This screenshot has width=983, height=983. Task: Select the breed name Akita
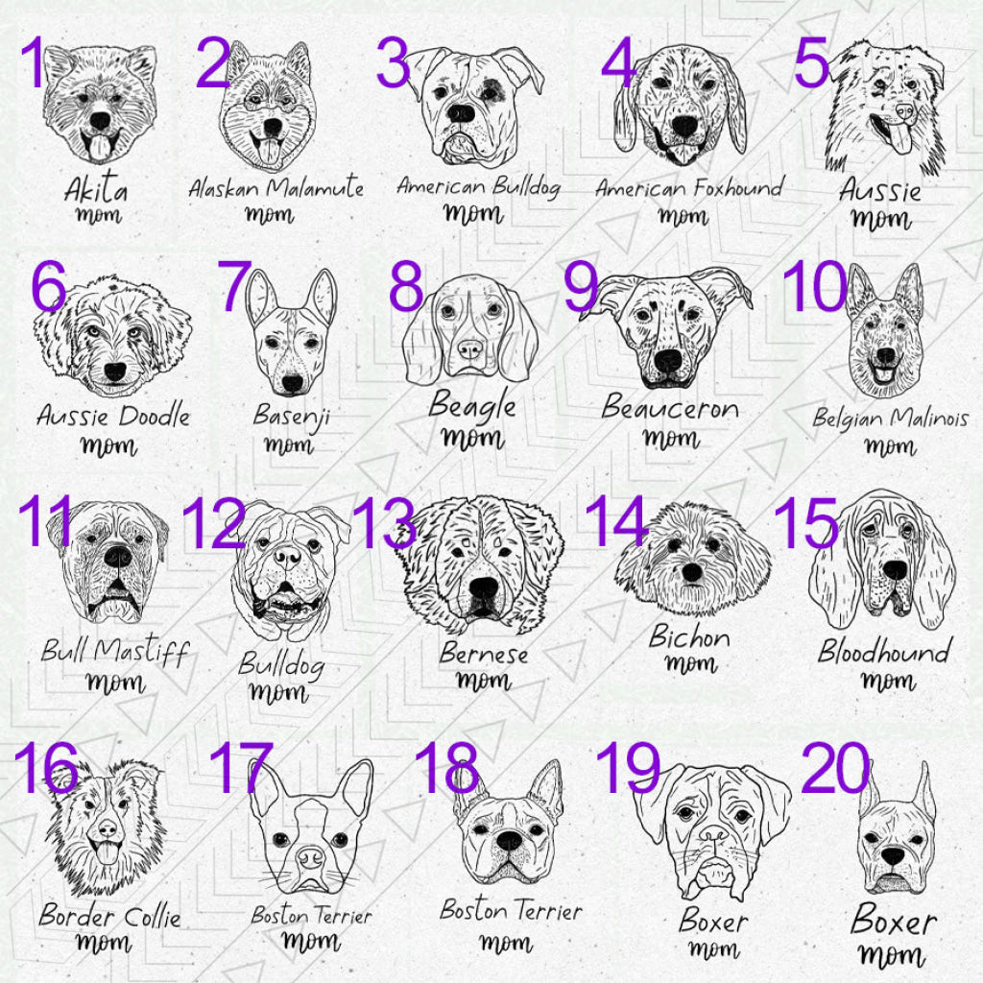(96, 188)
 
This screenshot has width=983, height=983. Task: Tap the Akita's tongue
(99, 146)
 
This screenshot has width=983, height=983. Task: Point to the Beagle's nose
(469, 346)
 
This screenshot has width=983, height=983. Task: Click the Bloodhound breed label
(883, 651)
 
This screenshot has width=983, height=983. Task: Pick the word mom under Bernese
(483, 682)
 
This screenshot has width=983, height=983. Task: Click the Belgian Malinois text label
(890, 419)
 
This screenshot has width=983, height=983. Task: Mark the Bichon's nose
(691, 573)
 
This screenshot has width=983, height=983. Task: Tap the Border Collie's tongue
(107, 852)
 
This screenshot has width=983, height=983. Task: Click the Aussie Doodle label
(113, 417)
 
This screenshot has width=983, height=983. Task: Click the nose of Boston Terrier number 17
(310, 852)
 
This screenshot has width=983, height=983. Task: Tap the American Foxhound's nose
(683, 126)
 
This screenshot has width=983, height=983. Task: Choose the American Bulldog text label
(478, 185)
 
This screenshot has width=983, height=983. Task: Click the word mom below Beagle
(470, 439)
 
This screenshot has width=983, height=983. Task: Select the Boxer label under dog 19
(713, 922)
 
